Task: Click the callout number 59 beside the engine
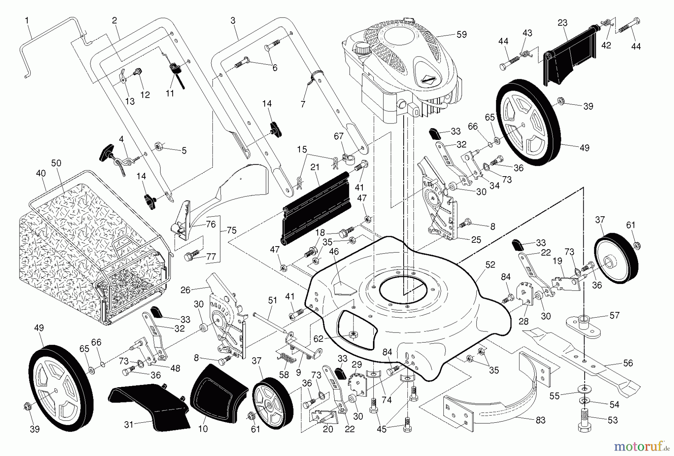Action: coord(461,34)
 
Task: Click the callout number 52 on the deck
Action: coord(490,265)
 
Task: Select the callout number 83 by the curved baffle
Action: coord(540,420)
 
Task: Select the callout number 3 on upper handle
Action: coord(233,21)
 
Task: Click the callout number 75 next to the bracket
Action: coord(231,230)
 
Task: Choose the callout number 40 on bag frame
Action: coord(41,173)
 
